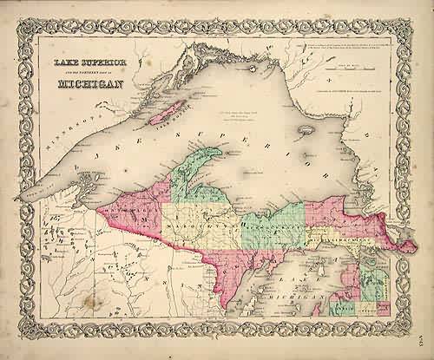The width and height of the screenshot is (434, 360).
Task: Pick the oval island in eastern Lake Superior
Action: click(305, 134)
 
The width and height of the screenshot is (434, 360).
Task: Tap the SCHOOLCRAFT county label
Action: click(278, 222)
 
